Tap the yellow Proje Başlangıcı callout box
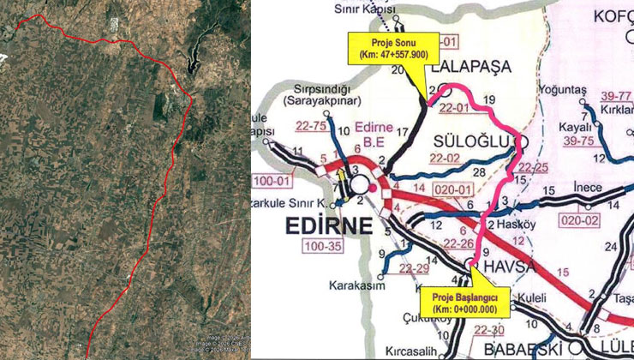coord(465,301)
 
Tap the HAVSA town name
coord(510,267)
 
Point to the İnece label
coord(583,189)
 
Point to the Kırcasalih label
coord(398,351)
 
